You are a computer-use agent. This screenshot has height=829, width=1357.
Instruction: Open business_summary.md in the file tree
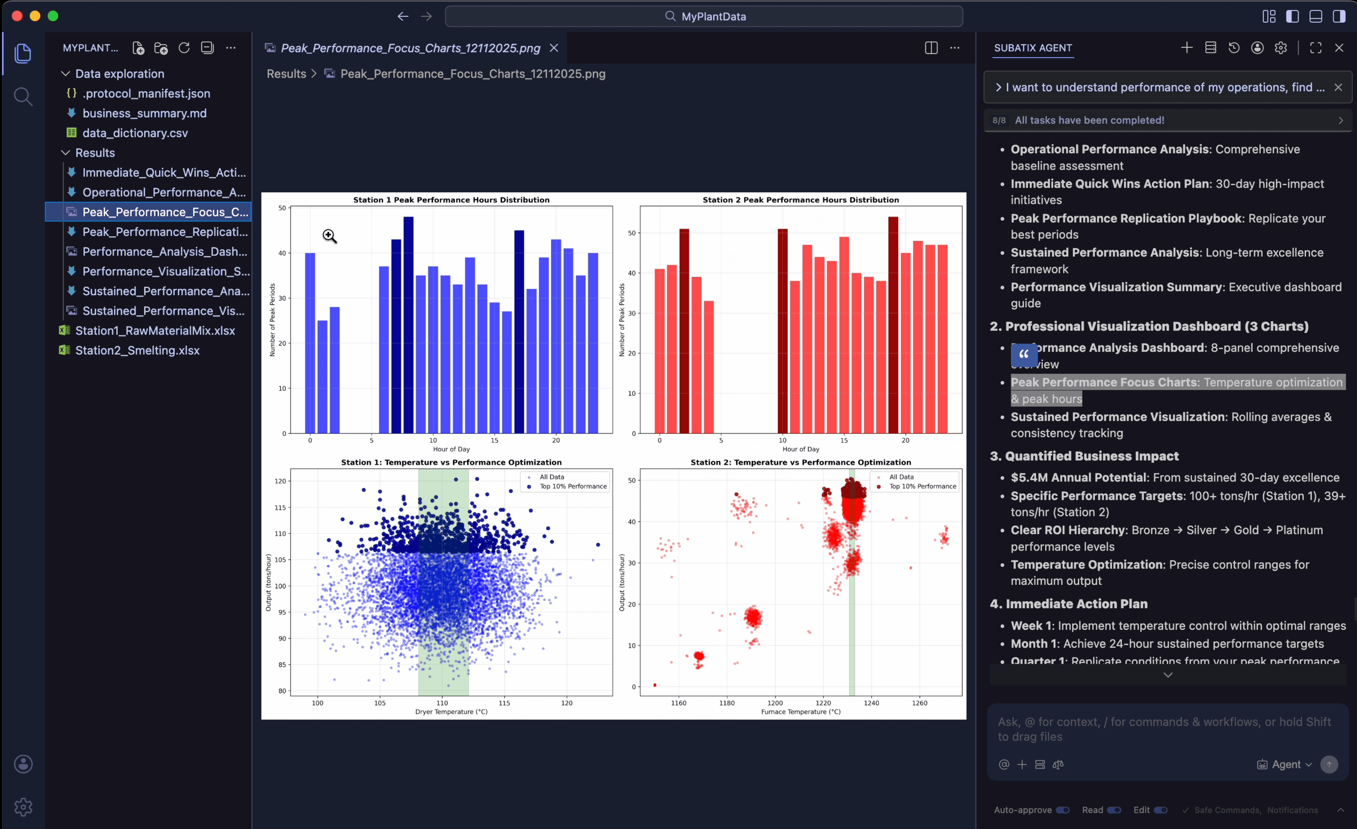pyautogui.click(x=144, y=113)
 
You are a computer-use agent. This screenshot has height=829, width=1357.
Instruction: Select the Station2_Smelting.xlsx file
pyautogui.click(x=137, y=350)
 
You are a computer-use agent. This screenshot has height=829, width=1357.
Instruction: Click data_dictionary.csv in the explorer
pyautogui.click(x=135, y=133)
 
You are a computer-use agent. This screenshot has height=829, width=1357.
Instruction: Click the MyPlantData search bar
pyautogui.click(x=704, y=16)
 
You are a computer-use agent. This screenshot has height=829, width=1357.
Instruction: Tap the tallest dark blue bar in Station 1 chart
pyautogui.click(x=408, y=325)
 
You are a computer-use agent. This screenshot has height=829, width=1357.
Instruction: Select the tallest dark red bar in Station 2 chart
pyautogui.click(x=893, y=325)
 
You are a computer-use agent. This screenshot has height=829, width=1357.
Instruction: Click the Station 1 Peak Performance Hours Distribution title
pyautogui.click(x=451, y=200)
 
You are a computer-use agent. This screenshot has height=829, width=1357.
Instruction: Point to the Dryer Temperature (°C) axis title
pyautogui.click(x=451, y=712)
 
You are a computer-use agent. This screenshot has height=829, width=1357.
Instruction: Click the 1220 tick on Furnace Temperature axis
pyautogui.click(x=823, y=703)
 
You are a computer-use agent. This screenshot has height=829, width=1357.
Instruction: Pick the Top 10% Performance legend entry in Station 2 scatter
pyautogui.click(x=922, y=486)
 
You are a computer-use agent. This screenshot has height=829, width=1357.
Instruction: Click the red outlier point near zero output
pyautogui.click(x=654, y=685)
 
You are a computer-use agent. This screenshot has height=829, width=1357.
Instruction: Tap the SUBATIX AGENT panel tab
pyautogui.click(x=1033, y=48)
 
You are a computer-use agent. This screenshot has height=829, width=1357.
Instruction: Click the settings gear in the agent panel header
pyautogui.click(x=1281, y=48)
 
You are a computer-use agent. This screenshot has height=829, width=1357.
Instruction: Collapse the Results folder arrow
pyautogui.click(x=66, y=152)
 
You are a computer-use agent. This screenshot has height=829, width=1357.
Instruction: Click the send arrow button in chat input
pyautogui.click(x=1329, y=765)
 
